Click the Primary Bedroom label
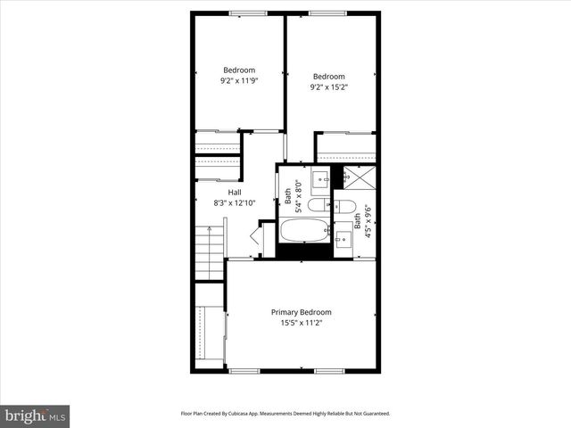coord(301,312)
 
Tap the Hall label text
coord(235,193)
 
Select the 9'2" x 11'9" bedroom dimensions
coord(238,81)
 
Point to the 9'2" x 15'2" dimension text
coord(327,87)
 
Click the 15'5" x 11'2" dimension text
coord(301,323)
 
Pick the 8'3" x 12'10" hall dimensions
coord(235,203)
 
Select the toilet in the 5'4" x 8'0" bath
coord(318,206)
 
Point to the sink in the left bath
coord(319,177)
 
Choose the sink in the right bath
coord(343,238)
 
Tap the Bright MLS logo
coord(35,416)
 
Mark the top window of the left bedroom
coord(242,12)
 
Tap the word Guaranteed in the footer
coord(373,414)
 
